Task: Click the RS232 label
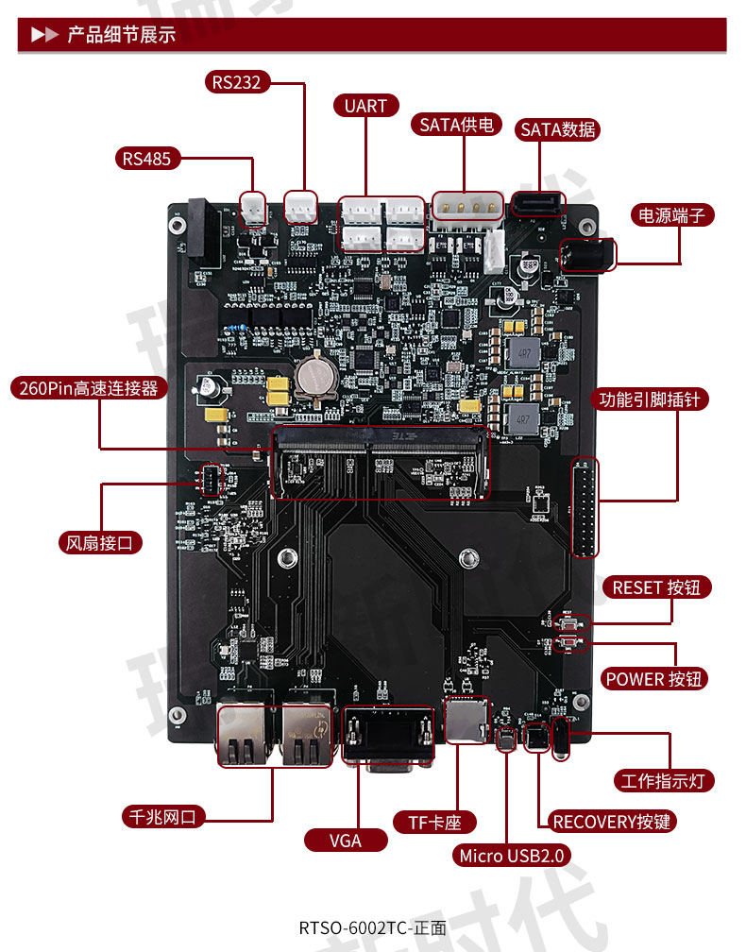(x=236, y=83)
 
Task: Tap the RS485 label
(x=147, y=159)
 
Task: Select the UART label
(x=365, y=106)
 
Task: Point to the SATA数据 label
(x=558, y=130)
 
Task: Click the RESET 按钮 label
(x=656, y=587)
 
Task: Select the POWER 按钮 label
(x=655, y=679)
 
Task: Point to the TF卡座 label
(x=434, y=823)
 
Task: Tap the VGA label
(x=346, y=841)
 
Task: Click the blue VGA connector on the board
(x=388, y=737)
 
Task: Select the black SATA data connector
(x=536, y=203)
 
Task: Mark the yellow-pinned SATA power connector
(x=466, y=205)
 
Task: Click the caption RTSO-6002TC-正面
(x=372, y=927)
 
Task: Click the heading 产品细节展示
(x=121, y=36)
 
